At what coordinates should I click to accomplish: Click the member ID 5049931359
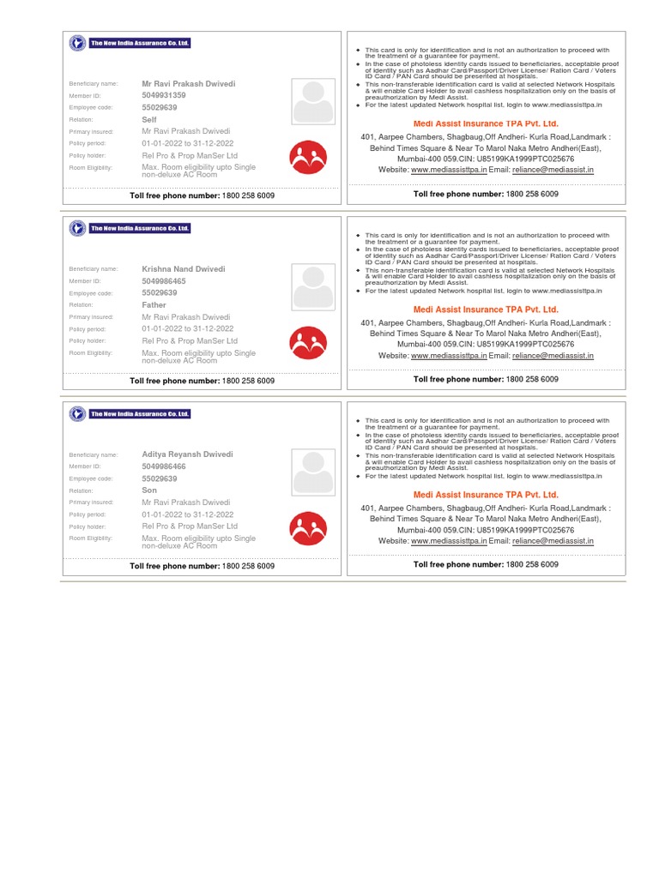163,96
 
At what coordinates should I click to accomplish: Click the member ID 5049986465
163,281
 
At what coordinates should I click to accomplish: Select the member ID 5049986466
163,466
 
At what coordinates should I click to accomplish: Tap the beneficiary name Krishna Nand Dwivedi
184,269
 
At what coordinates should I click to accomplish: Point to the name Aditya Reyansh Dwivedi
186,454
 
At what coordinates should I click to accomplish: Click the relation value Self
149,120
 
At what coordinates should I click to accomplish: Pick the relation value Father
154,305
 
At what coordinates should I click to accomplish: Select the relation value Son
149,490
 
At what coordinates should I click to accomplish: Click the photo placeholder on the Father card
313,287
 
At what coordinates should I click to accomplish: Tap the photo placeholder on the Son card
313,472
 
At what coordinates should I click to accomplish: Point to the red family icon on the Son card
308,528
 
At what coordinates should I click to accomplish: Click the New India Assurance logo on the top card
130,43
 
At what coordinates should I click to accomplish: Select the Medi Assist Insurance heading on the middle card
486,310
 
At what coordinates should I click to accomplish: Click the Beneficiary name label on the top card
94,84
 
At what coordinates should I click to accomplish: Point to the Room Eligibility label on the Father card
91,353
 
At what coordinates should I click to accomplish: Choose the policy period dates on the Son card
188,514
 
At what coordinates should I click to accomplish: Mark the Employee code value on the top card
160,108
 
